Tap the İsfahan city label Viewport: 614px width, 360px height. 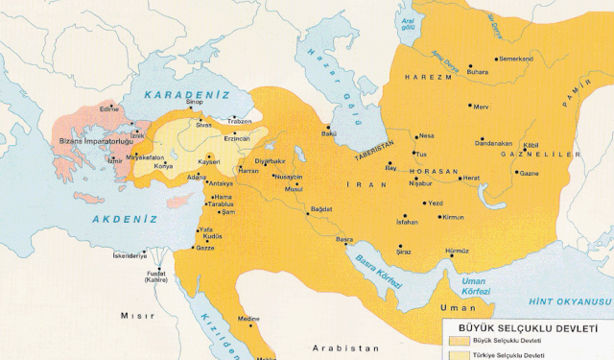407,222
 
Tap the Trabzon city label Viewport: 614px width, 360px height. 239,122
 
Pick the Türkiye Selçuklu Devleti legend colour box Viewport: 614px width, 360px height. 460,354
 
